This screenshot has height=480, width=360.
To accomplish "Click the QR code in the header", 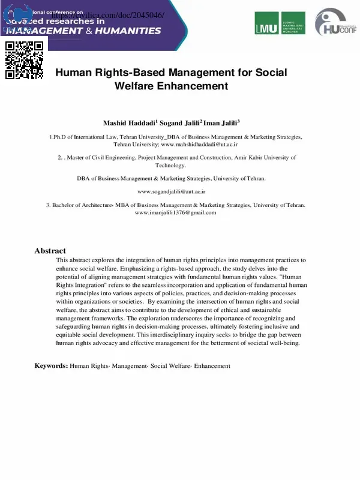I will [25, 60].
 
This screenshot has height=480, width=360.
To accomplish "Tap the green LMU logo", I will [280, 23].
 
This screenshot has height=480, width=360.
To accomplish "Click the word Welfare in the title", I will [134, 86].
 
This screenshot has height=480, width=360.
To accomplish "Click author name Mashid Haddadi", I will [129, 123].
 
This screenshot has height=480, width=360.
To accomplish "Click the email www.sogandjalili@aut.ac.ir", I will [172, 191].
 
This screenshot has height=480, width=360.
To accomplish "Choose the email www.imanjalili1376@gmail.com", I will [175, 212].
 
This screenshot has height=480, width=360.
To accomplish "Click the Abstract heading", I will [50, 251].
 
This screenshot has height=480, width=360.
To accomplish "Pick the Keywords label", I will [51, 365].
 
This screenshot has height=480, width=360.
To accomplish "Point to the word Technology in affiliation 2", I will [170, 165].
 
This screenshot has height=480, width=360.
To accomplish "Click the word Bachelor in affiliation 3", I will [65, 205].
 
